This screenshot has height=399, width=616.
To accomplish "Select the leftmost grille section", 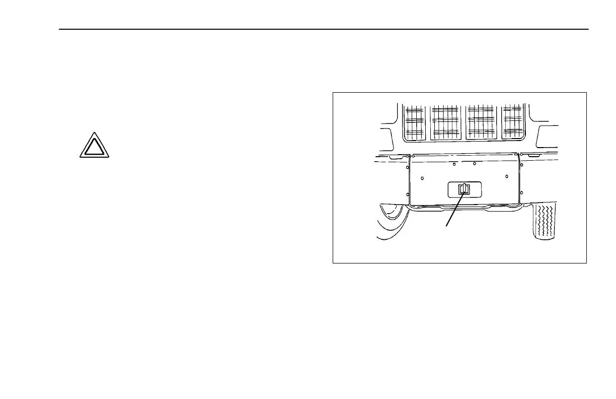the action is (415, 122).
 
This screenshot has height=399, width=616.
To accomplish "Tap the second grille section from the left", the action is (445, 122).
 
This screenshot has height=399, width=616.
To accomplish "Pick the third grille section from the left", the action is (481, 122).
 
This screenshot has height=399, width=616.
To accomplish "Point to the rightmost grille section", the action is (513, 122).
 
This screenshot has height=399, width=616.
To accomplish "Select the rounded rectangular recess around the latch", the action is (476, 189).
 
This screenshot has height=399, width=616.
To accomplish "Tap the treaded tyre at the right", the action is (544, 222).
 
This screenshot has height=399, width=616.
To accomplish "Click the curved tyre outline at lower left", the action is (390, 222).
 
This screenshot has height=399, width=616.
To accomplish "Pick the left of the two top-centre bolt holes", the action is (454, 164).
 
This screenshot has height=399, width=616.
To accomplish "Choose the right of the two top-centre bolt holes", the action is (475, 164).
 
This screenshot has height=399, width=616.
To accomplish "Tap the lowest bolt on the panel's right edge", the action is (521, 192).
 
